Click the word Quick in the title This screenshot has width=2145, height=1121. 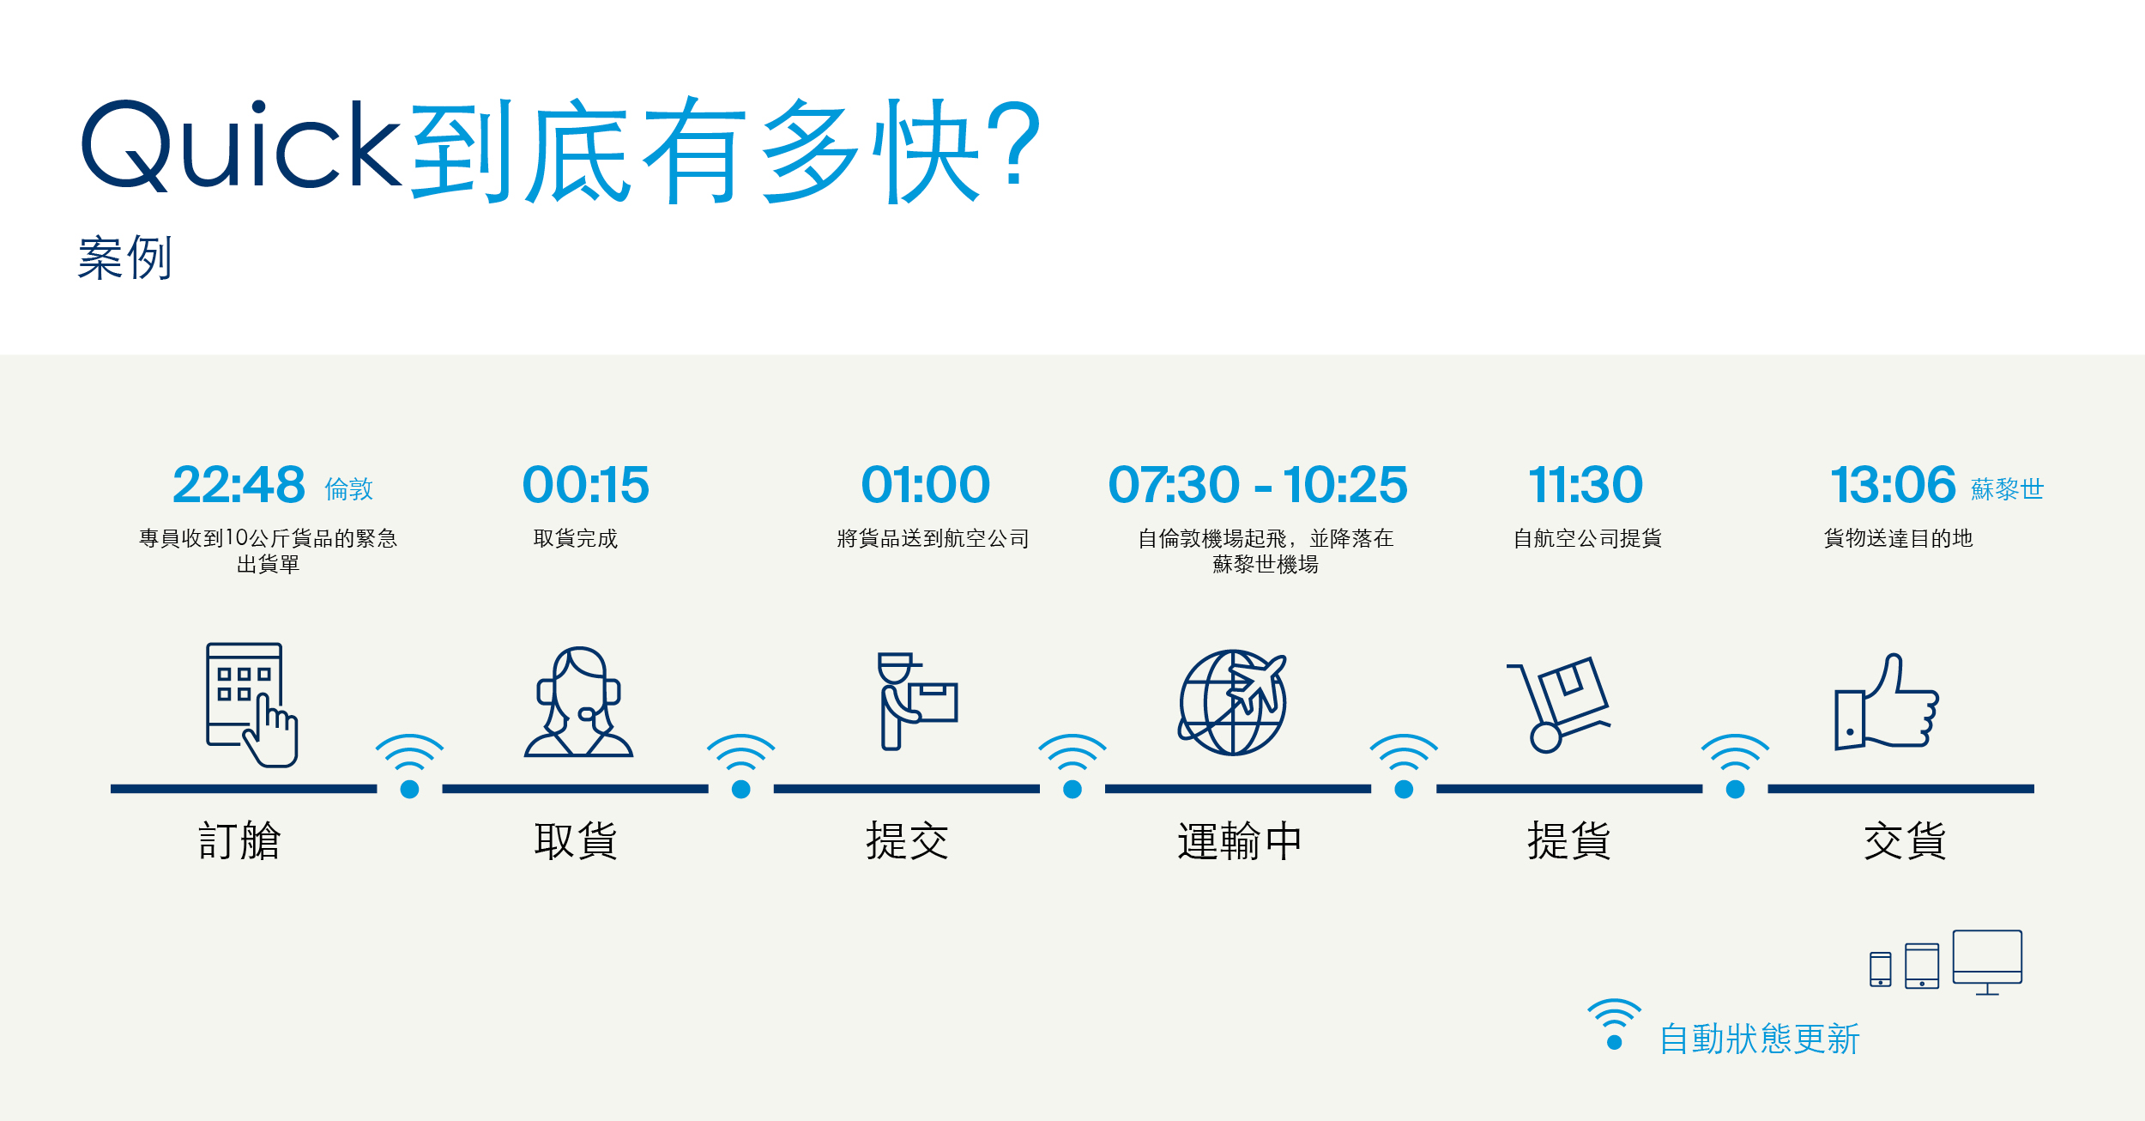click(241, 145)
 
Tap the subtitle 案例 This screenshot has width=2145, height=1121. click(125, 258)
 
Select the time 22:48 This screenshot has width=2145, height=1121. click(239, 485)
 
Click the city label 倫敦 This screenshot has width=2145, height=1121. click(349, 489)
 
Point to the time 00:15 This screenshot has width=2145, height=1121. click(586, 485)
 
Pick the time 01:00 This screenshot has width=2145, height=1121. click(926, 485)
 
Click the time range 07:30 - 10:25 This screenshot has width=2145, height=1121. click(1258, 485)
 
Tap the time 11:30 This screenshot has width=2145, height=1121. click(1586, 485)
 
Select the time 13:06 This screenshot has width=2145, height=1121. click(1893, 485)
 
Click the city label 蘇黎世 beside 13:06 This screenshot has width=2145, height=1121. click(2007, 489)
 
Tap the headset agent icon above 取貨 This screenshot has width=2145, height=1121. click(578, 702)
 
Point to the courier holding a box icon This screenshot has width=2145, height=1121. click(917, 701)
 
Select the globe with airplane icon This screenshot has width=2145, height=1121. click(1233, 702)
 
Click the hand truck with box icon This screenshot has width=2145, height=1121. click(1558, 705)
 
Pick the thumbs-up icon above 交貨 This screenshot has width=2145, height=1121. click(1887, 701)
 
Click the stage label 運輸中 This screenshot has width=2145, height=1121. click(1240, 841)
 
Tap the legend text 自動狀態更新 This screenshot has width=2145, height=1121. click(1760, 1039)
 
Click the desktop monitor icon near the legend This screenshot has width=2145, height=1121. click(1987, 962)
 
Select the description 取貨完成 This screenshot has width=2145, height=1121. click(576, 538)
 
